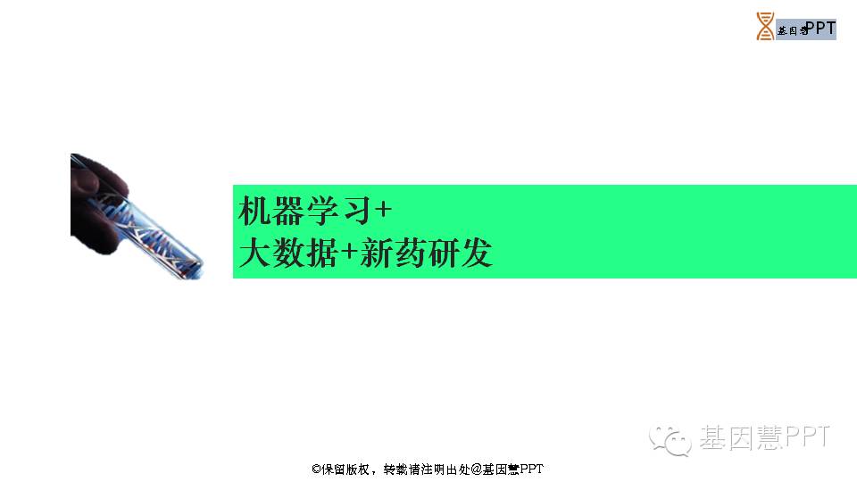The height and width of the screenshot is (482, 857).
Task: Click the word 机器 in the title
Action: tap(270, 211)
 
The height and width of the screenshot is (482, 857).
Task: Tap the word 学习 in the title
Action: tap(339, 211)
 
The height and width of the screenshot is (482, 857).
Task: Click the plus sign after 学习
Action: tap(383, 209)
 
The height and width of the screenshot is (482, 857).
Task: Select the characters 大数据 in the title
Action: tap(288, 253)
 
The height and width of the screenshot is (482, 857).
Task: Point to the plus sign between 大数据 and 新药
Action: tap(349, 252)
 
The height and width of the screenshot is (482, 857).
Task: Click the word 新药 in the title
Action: tap(393, 253)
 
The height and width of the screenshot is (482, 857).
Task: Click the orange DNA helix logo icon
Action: tap(765, 26)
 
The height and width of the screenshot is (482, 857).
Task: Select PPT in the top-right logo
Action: tap(820, 28)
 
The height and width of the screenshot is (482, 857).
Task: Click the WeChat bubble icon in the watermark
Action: tap(670, 440)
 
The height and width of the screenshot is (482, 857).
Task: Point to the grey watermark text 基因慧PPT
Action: tap(765, 437)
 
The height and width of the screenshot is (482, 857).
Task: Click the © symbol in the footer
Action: tap(316, 469)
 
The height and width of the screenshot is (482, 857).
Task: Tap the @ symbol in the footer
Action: tap(476, 469)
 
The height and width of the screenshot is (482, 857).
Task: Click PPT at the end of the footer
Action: tap(531, 469)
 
